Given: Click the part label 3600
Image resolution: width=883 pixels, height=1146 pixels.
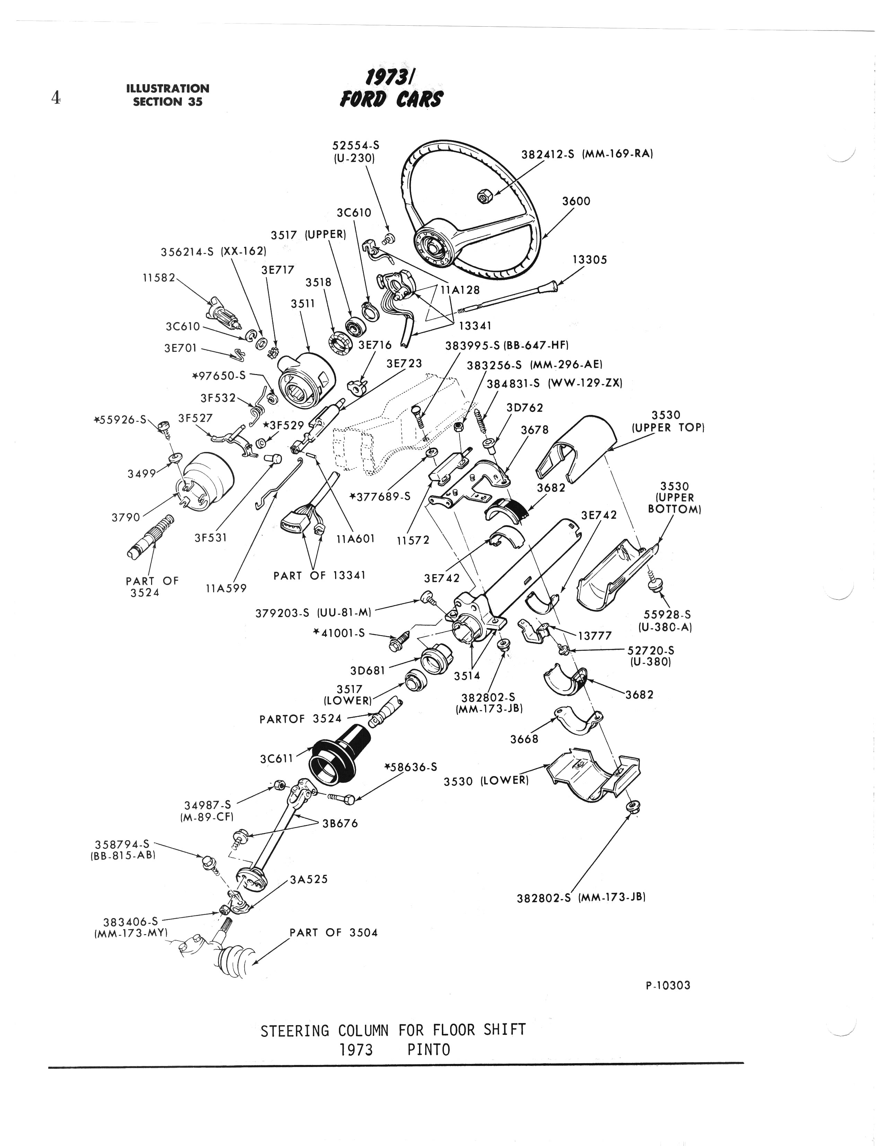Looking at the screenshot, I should coord(576,201).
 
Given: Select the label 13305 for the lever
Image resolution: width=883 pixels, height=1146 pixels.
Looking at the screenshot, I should coord(589,260).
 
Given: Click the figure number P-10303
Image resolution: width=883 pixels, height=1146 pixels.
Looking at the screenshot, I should coord(668,985).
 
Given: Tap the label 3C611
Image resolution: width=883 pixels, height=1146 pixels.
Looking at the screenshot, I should coord(276,759).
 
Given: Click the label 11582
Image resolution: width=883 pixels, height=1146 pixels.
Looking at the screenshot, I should coord(158,277).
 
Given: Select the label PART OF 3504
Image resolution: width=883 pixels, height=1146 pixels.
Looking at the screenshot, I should coord(333,932).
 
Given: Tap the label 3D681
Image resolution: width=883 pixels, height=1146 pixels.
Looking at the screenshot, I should coord(367,670).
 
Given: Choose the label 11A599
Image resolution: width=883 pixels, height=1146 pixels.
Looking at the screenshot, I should coord(226,588).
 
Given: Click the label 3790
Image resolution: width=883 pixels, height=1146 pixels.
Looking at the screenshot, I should coord(126,517).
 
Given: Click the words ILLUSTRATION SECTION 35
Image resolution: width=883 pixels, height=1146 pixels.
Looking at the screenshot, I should coord(167,95).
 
